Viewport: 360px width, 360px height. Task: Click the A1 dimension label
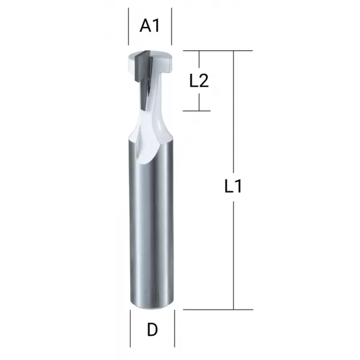[x=151, y=26]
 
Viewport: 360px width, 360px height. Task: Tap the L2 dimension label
[x=199, y=81]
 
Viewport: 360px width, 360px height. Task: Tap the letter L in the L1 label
[x=228, y=187]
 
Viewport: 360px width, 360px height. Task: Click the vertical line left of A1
[x=129, y=27]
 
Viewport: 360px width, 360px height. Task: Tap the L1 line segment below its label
[x=233, y=252]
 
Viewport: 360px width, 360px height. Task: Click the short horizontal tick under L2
[x=199, y=110]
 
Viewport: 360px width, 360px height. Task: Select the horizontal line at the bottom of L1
[x=216, y=310]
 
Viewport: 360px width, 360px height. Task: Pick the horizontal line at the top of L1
[x=216, y=51]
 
